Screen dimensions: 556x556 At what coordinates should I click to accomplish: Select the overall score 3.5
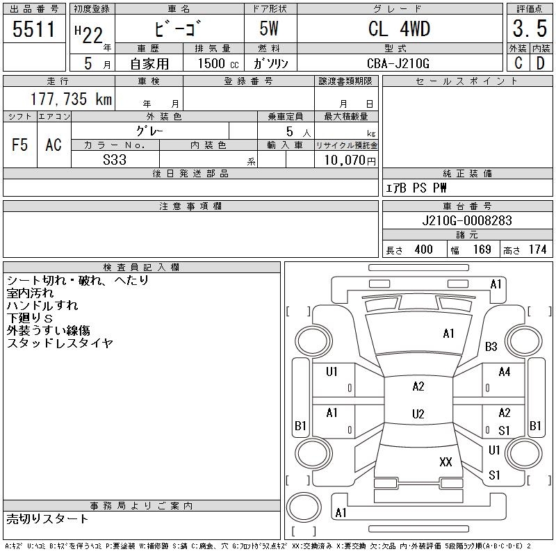click(x=530, y=28)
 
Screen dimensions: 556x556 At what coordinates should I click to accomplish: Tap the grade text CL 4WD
click(x=399, y=28)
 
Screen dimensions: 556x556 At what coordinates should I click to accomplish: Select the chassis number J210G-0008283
click(x=467, y=220)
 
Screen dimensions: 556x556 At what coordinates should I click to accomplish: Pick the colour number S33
click(x=115, y=159)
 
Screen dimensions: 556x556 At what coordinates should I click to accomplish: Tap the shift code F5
click(x=19, y=145)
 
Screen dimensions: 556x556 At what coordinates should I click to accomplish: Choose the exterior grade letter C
click(x=518, y=63)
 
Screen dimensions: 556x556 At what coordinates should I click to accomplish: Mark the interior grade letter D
click(x=540, y=63)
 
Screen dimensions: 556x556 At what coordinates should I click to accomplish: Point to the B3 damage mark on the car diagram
click(x=491, y=346)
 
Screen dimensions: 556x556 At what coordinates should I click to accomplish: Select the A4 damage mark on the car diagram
click(x=505, y=372)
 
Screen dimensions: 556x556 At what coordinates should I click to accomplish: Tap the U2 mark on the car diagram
click(x=418, y=414)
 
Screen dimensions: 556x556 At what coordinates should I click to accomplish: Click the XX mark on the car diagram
click(x=445, y=461)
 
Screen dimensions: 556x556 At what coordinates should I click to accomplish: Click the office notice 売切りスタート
click(x=48, y=519)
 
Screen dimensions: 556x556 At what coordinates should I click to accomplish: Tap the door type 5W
click(x=270, y=28)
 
